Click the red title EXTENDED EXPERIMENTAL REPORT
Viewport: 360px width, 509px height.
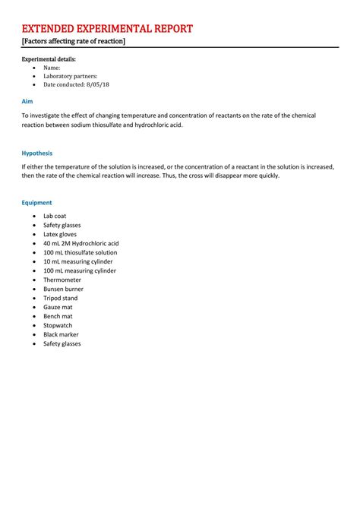(107, 29)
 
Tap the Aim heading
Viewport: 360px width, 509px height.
(27, 100)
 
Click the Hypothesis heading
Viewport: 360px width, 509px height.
(37, 153)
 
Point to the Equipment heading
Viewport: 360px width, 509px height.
(36, 203)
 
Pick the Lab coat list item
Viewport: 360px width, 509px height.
(55, 216)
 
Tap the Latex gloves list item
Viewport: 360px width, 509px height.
(62, 234)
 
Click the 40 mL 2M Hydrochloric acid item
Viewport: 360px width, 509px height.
(81, 243)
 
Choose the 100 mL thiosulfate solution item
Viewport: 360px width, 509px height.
(80, 252)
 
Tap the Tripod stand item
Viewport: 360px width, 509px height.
(62, 298)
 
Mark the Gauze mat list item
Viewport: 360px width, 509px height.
(58, 307)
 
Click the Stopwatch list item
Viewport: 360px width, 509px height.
(60, 325)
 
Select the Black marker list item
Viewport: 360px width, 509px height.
(61, 334)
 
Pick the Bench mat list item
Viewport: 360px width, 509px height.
(58, 316)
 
